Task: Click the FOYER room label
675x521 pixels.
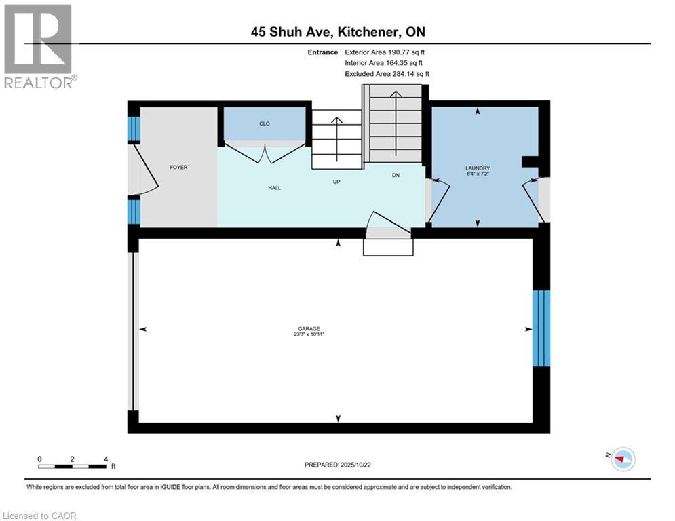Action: (x=179, y=167)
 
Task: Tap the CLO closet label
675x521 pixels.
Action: (x=265, y=124)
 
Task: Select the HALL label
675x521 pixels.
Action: (x=274, y=188)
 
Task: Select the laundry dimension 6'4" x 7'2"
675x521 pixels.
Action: (x=478, y=174)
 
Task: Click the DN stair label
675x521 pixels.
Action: (x=396, y=176)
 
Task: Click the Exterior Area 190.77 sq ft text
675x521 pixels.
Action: (x=385, y=52)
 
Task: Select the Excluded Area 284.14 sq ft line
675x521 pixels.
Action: (x=387, y=74)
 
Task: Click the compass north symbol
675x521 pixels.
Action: (x=621, y=459)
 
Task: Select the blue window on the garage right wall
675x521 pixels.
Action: (x=541, y=328)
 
